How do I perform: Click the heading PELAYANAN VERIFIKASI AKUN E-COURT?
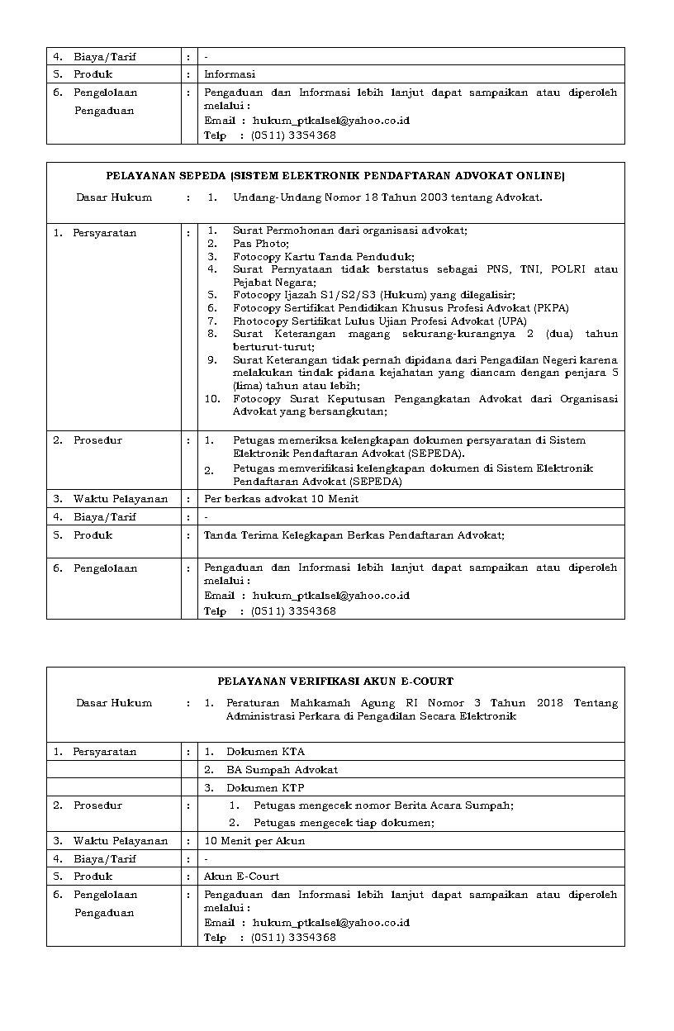click(335, 682)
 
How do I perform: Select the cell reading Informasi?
click(230, 74)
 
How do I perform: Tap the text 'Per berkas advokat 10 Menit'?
click(281, 499)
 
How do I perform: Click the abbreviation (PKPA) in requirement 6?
click(551, 308)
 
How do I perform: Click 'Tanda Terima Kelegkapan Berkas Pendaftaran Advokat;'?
click(354, 535)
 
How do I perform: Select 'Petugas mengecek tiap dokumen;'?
click(344, 823)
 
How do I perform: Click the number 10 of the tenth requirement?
click(212, 399)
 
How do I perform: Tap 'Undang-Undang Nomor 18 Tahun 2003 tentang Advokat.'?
click(387, 197)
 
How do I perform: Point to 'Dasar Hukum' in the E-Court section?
click(114, 703)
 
